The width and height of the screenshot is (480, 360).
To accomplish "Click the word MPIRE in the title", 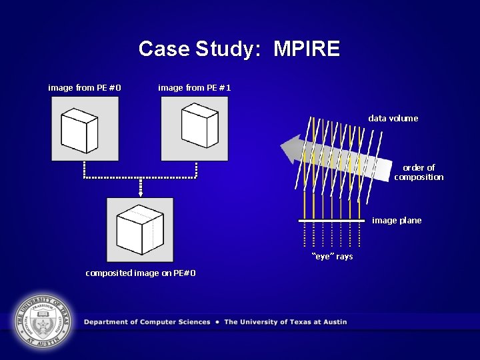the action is [x=307, y=49].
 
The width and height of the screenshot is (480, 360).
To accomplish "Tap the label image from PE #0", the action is [x=85, y=87].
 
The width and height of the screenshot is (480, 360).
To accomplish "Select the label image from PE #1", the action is [x=195, y=87].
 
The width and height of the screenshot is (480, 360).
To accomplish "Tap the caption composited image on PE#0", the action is [x=141, y=273].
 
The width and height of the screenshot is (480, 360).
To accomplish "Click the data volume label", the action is [x=393, y=118].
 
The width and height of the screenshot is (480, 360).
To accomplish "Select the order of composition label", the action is [x=419, y=172].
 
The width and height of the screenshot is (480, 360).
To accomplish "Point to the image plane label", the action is [x=397, y=220].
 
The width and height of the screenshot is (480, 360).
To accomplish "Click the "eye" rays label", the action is [x=333, y=256].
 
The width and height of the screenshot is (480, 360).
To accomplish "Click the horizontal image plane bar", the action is [x=331, y=220].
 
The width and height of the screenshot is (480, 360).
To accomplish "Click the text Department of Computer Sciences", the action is [x=147, y=322].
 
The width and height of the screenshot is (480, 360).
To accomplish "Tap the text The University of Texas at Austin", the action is [x=285, y=322].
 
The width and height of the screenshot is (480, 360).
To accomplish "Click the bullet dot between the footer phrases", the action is [x=217, y=322].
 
